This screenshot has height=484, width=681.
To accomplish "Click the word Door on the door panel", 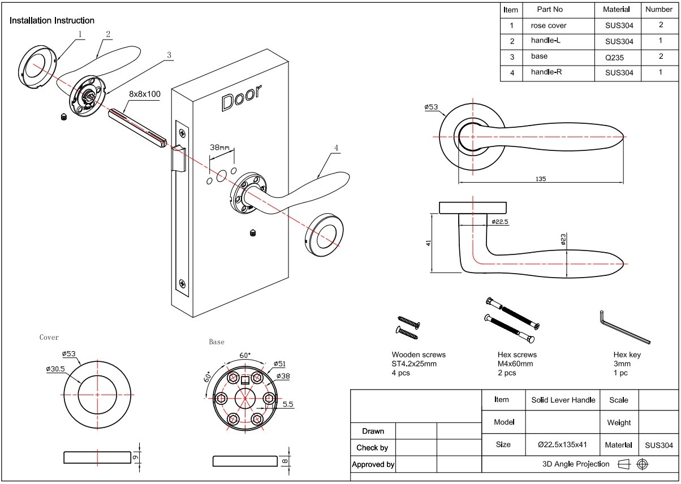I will (241, 98).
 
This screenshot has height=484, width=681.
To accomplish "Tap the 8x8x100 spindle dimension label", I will (145, 93).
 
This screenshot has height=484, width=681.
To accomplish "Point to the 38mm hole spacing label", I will (220, 148).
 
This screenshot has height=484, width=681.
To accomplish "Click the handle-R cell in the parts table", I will (546, 72).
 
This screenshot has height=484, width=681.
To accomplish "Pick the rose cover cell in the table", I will (548, 25).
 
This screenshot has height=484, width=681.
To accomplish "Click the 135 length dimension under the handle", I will (540, 179).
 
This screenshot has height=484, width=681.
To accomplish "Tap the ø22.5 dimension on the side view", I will (500, 222).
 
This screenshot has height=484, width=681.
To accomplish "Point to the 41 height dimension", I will (429, 243).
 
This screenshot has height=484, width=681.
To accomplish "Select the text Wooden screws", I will (418, 355).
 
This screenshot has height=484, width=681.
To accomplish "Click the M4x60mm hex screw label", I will (515, 364).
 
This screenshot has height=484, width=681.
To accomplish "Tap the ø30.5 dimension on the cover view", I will (55, 369).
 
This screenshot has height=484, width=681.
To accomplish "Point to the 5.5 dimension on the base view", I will (287, 404).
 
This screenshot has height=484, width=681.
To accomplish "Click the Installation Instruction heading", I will (52, 20).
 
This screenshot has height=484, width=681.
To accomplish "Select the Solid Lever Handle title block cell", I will (563, 400).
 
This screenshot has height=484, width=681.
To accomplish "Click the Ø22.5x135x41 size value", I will (562, 444).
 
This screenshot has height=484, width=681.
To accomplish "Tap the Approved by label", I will (373, 464).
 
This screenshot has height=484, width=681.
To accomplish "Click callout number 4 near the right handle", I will (336, 148).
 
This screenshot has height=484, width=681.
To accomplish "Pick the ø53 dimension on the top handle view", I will (431, 107).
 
